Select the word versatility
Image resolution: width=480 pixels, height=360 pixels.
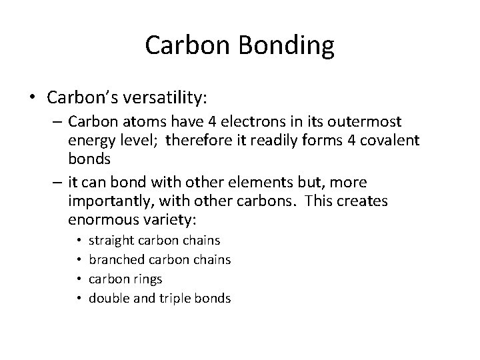[166, 98]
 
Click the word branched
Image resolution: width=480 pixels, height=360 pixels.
[115, 259]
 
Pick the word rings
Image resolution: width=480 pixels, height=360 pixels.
[147, 279]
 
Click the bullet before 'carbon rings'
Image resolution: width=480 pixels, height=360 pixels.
[79, 279]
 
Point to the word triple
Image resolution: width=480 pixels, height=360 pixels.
[177, 298]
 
